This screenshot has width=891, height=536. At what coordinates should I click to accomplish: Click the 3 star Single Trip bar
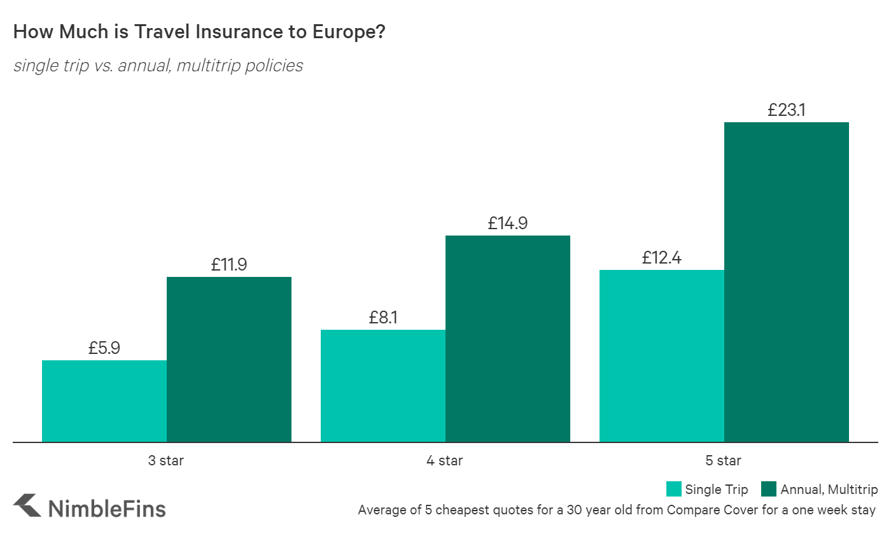104,401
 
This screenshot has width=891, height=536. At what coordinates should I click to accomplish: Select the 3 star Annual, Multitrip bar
229,359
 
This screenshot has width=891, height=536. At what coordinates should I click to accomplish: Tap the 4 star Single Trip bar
382,386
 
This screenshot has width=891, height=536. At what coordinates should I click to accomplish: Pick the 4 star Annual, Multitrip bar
507,339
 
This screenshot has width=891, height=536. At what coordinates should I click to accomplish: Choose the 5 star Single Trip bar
661,356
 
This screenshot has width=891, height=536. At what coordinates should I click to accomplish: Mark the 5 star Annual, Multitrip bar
786,282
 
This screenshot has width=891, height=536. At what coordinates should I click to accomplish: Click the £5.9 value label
104,348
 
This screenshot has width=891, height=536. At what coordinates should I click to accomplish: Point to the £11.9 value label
229,265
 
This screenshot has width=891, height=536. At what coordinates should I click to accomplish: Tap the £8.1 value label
382,317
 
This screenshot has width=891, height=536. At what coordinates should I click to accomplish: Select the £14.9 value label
508,223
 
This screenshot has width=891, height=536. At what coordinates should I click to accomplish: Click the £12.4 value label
661,258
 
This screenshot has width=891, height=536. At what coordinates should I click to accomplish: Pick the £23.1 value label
786,110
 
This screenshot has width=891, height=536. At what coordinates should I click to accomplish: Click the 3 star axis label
166,460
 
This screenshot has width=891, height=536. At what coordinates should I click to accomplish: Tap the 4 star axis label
445,460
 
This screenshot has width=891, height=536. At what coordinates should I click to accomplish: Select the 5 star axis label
724,460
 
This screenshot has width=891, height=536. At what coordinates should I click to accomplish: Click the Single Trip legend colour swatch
673,490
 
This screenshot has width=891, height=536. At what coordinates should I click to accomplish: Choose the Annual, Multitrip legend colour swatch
769,490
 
